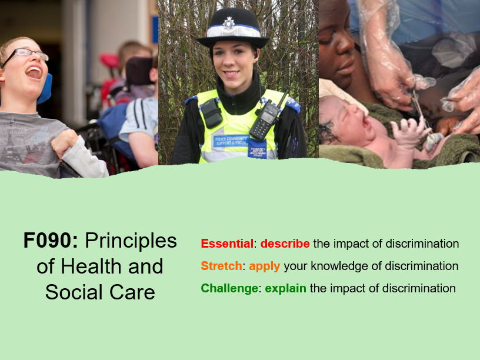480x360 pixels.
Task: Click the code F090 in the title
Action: [51, 241]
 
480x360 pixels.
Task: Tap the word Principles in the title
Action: [131, 241]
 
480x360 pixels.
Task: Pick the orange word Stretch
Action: [221, 266]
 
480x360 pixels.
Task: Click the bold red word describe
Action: [285, 244]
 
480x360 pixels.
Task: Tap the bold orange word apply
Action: [264, 266]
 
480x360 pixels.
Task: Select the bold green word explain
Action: [285, 288]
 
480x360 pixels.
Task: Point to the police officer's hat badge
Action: [229, 24]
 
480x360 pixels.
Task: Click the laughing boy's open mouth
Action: [34, 72]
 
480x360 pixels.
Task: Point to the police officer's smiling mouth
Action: [232, 74]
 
